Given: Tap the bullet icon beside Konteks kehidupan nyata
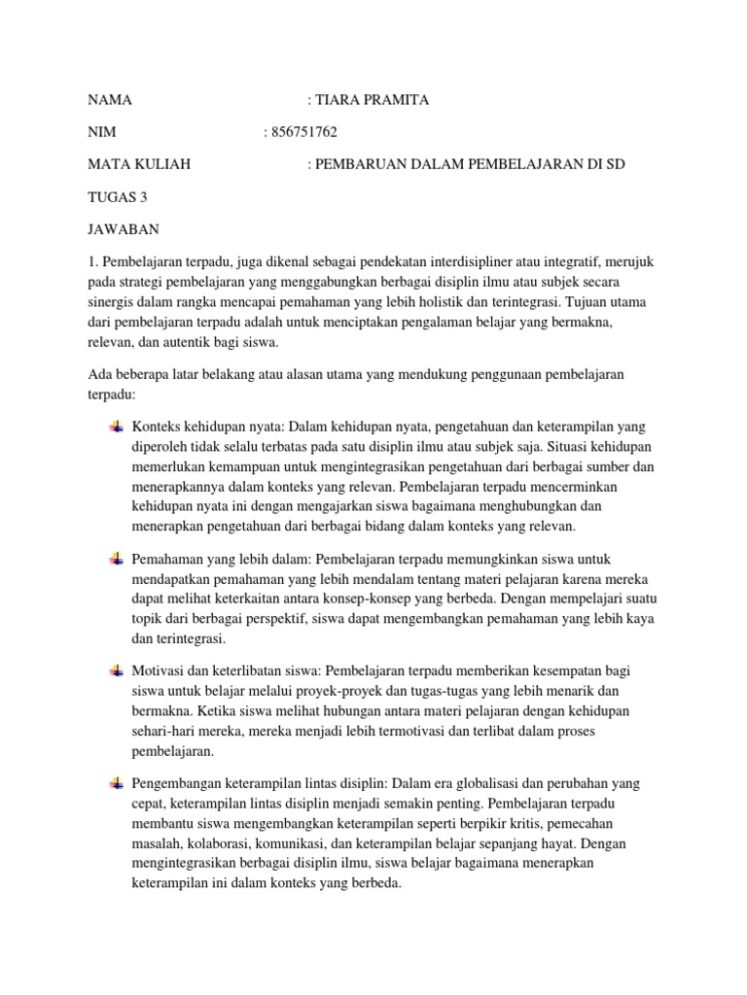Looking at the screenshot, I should tap(116, 427).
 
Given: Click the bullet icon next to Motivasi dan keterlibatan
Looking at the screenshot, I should tap(116, 670).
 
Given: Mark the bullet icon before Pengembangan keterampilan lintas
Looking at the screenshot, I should tap(116, 783).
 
